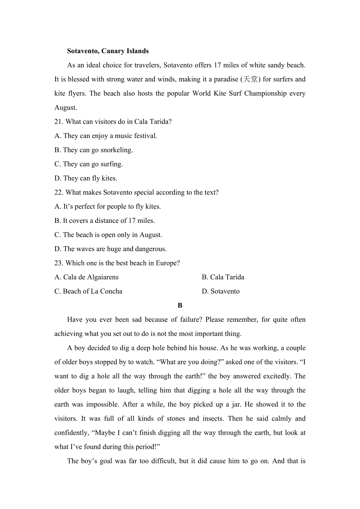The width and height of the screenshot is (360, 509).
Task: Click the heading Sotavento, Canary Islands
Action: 108,51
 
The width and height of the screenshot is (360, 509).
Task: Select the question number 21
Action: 58,122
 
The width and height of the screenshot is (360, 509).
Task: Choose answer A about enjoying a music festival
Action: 106,136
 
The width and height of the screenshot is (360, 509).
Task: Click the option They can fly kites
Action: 86,178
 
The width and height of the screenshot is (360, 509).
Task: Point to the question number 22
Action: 58,192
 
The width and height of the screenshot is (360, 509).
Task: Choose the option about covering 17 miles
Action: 104,221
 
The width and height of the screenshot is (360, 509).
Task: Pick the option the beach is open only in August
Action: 108,235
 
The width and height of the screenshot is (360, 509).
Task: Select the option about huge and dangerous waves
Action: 110,249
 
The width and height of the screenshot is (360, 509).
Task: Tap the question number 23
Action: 58,263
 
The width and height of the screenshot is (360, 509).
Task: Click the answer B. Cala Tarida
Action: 223,277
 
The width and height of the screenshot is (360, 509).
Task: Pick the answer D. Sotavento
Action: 220,291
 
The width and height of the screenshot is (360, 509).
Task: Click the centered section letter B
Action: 180,305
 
